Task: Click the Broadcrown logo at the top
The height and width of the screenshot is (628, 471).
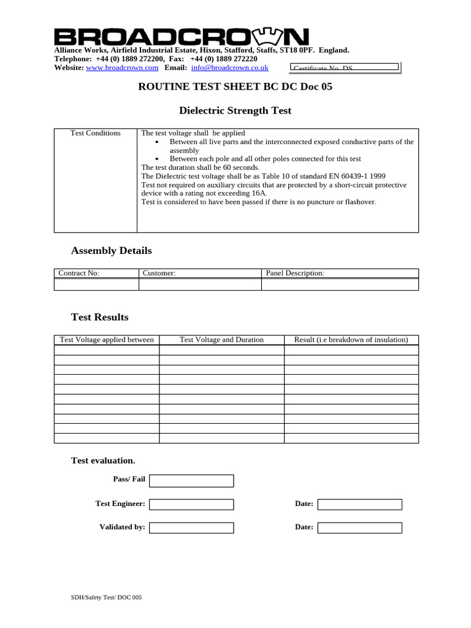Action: point(182,36)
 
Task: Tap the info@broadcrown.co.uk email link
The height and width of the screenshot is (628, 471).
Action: point(229,67)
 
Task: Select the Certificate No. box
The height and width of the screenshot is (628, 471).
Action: point(344,67)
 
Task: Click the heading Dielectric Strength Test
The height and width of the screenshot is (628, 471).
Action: point(235,111)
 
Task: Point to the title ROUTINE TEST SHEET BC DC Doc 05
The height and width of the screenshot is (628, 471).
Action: point(235,86)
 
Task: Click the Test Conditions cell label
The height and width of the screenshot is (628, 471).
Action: point(96,133)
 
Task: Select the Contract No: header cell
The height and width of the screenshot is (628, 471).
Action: point(96,274)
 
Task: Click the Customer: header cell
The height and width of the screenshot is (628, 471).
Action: point(200,274)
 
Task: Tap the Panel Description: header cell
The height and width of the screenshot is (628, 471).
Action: point(340,274)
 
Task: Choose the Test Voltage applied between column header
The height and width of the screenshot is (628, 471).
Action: point(107,340)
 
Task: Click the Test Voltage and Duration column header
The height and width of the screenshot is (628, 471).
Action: point(221,340)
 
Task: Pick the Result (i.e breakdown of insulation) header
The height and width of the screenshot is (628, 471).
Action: point(351,340)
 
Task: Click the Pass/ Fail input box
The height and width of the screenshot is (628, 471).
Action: point(191,480)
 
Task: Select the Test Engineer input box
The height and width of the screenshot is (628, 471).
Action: point(191,504)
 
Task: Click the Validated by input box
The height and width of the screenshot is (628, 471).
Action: point(191,527)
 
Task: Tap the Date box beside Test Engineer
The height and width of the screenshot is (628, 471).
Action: point(359,504)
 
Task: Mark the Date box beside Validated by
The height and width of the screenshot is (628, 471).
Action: point(359,527)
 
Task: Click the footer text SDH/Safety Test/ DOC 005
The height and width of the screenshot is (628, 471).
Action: point(106,597)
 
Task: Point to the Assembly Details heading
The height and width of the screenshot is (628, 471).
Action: point(112,251)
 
